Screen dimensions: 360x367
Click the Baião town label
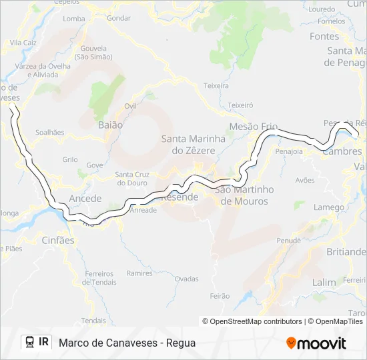click(x=110, y=125)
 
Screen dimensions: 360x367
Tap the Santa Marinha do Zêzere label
click(x=189, y=145)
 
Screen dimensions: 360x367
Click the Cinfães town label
click(x=58, y=240)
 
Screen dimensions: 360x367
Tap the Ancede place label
click(x=85, y=199)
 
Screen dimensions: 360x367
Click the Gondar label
click(x=118, y=18)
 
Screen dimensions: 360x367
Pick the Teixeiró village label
click(x=240, y=105)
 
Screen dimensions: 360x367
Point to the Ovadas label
click(x=187, y=279)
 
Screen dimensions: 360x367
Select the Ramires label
click(x=139, y=273)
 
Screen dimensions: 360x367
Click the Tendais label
click(x=93, y=321)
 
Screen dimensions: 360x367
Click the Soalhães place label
click(x=50, y=133)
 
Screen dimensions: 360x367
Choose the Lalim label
click(x=324, y=282)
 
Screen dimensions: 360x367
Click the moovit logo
click(x=316, y=343)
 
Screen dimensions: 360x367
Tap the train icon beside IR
click(x=30, y=343)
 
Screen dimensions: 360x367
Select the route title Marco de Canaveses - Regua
click(x=127, y=343)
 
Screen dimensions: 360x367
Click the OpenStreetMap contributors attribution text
click(x=252, y=321)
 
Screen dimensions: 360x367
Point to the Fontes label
click(x=324, y=37)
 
